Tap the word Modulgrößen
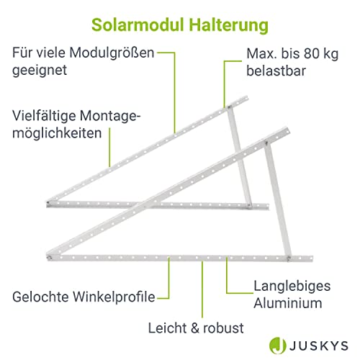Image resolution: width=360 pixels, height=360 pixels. pos(112,53)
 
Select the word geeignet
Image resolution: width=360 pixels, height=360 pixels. pos(40,71)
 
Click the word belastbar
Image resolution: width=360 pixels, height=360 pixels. pos(276,71)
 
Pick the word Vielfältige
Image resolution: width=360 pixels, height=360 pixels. pos(44,116)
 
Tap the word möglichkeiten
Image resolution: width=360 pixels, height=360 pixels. pos(57,133)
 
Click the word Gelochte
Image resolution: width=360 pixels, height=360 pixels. pos(40,297)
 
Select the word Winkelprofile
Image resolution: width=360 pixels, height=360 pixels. pos(114,297)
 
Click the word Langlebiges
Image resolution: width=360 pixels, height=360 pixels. pos(292,287)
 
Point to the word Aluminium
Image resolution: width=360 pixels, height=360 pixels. pos(288,303)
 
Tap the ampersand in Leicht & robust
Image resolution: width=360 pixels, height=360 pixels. pos(195,328)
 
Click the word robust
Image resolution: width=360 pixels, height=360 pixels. pos(223,328)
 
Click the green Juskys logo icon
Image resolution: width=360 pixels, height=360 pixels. pos(277,346)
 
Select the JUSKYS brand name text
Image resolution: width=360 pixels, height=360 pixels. pos(319,346)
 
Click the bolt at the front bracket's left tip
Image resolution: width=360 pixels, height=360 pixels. pos(50,258)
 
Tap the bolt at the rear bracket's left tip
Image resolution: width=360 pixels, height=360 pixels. pos(48,203)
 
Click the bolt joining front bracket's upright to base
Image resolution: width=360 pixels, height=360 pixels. pos(289,258)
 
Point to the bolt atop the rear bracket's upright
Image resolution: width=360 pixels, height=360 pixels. pos(230,107)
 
